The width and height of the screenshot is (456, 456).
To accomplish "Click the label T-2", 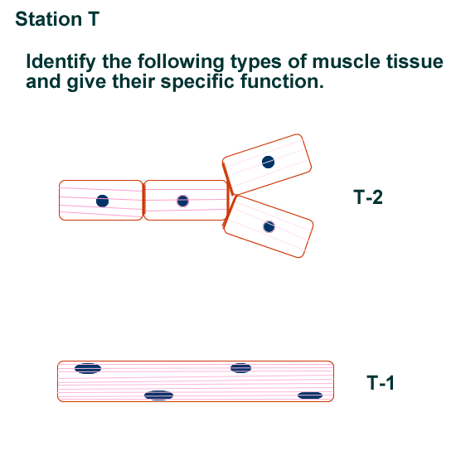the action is point(368,196).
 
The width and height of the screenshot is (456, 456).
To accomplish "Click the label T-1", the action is point(381,382).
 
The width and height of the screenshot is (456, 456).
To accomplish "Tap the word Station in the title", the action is point(49,19).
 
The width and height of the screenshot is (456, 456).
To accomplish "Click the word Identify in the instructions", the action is point(61,62).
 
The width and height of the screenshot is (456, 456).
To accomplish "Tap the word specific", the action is point(197,82).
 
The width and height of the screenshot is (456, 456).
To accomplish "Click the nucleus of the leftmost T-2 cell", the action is point(102,201).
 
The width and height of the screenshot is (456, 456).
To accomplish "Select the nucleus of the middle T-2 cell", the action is point(182,201).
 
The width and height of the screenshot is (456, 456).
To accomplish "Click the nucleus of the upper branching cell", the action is point(268,162).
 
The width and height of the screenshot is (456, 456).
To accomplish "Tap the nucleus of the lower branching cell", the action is point(269,227).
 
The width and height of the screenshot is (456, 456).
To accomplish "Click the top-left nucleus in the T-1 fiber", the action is point(88,368).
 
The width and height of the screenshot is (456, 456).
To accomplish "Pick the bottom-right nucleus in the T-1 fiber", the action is point(310,395).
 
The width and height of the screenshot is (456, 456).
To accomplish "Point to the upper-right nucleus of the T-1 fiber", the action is point(240,368).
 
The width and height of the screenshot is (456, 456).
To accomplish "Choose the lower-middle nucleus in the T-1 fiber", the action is point(159,395).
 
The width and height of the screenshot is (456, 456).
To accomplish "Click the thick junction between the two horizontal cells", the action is point(143,200).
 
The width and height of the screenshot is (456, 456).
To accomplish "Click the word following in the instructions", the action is point(181,62).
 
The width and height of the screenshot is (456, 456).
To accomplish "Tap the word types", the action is point(256,62).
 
